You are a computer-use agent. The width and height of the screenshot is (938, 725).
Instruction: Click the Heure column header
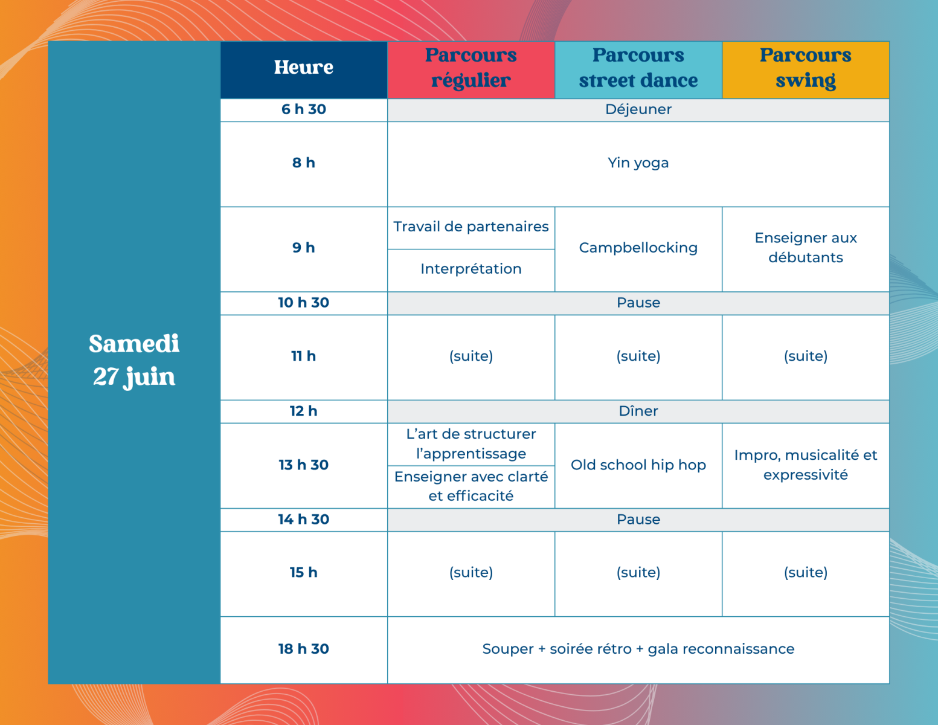[304, 68]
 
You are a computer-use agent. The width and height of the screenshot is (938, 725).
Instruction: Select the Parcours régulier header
[471, 68]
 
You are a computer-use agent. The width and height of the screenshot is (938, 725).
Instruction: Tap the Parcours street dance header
[638, 68]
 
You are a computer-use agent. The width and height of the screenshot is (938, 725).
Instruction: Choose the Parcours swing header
[806, 68]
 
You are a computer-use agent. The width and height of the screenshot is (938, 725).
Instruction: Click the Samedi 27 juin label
[134, 360]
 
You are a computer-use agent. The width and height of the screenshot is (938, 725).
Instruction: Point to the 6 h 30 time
[304, 109]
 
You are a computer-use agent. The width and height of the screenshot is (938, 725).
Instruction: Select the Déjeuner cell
[638, 109]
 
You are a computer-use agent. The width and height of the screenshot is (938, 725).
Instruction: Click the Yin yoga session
[638, 163]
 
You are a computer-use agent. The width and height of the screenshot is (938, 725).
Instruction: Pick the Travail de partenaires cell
[471, 227]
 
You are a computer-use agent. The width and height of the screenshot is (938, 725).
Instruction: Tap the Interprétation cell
[471, 269]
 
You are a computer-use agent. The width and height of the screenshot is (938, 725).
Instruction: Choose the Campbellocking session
[638, 248]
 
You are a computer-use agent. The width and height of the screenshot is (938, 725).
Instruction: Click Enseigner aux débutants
[806, 248]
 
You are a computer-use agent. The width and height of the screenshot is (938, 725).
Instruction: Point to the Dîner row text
[638, 411]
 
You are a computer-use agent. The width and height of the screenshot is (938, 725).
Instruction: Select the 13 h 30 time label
[304, 465]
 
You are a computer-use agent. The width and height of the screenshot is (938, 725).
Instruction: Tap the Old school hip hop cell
[638, 465]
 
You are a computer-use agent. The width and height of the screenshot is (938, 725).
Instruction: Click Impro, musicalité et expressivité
[806, 465]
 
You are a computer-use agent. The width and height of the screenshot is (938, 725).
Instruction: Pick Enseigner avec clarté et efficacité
[471, 486]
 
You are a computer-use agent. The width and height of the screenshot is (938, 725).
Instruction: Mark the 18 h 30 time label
[304, 649]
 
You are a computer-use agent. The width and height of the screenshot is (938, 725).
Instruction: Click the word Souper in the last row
[508, 649]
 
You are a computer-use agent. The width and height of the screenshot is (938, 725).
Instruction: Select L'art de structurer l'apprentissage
[471, 444]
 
